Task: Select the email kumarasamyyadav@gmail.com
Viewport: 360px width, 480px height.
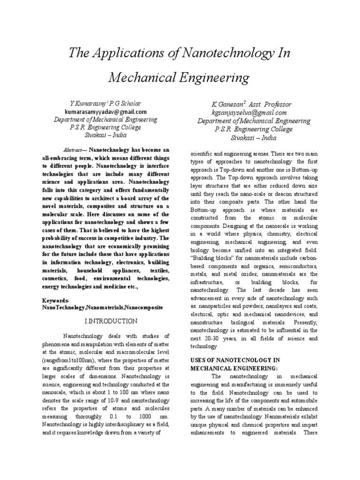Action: pyautogui.click(x=105, y=112)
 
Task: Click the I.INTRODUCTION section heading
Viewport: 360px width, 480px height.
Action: pyautogui.click(x=111, y=321)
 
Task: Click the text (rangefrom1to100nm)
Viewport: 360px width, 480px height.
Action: pyautogui.click(x=69, y=360)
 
